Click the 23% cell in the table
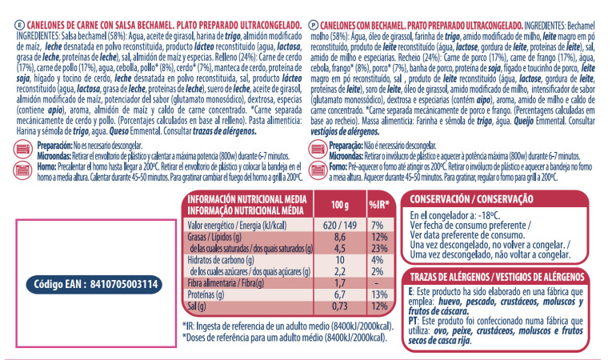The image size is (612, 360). point(379,249)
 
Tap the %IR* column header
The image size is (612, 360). point(379,204)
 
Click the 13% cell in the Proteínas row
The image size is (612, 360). point(379,295)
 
